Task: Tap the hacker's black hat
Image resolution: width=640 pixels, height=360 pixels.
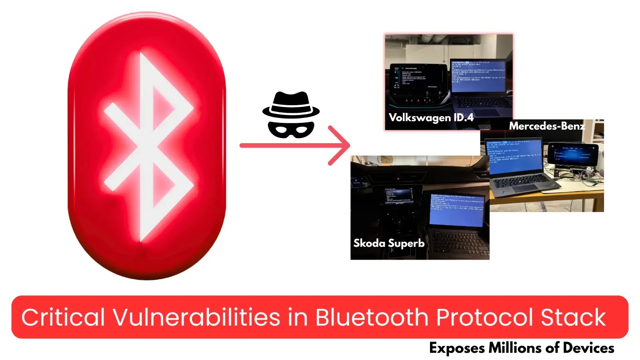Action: [291, 105]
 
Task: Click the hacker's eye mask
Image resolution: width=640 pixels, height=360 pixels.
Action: [291, 129]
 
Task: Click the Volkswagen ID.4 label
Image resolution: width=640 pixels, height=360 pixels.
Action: [431, 118]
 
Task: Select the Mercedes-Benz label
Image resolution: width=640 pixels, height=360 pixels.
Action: [546, 126]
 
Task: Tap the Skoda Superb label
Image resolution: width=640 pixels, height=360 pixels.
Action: [389, 243]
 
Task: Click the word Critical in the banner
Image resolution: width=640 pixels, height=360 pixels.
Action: [63, 317]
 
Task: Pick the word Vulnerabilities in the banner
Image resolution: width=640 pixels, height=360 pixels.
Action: [196, 317]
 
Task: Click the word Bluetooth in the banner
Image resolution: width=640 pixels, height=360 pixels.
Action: [372, 317]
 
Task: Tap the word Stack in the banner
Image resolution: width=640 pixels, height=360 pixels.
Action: [573, 317]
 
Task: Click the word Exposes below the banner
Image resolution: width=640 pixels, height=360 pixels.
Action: [456, 348]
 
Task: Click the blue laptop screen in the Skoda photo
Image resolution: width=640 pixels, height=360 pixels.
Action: [456, 209]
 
